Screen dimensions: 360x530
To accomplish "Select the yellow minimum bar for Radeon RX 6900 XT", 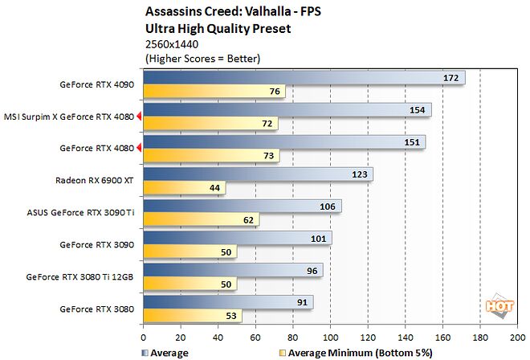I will (x=184, y=188).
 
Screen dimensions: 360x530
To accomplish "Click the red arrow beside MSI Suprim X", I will (x=140, y=117).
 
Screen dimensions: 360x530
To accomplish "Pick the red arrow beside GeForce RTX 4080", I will (x=140, y=148).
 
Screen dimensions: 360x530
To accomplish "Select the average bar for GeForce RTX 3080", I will (x=228, y=302).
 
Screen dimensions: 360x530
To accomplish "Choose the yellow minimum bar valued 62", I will (x=200, y=219).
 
